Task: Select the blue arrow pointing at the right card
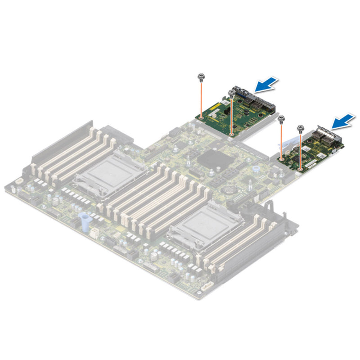point(342,121)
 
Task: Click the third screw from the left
point(282,119)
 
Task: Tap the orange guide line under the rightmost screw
point(300,151)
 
